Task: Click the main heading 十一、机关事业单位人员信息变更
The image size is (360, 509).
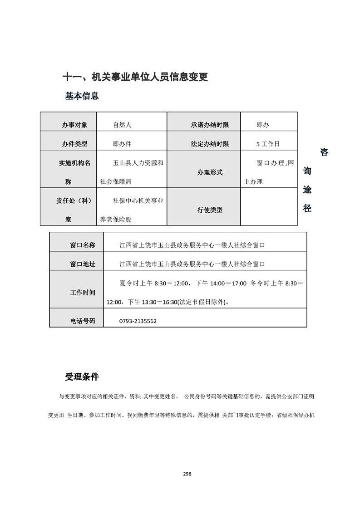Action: pos(135,77)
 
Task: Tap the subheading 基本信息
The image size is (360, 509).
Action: pos(82,96)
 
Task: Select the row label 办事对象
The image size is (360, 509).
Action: pos(74,124)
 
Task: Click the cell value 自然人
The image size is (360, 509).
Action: pos(122,124)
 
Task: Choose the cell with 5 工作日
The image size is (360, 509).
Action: pos(268,144)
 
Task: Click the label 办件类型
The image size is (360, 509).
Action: pos(74,144)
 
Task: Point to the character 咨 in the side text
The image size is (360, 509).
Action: pos(324,152)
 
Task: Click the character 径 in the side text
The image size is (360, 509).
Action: pos(307,209)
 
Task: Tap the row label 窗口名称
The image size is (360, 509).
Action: pos(83,245)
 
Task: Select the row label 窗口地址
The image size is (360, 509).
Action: pos(83,264)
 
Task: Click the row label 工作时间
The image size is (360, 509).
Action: pos(83,293)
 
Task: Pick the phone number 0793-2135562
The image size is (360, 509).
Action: pos(138,321)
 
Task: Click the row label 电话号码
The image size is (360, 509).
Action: pos(83,321)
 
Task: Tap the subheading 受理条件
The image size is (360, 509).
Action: pos(82,377)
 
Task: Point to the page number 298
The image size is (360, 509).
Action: pos(187,474)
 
